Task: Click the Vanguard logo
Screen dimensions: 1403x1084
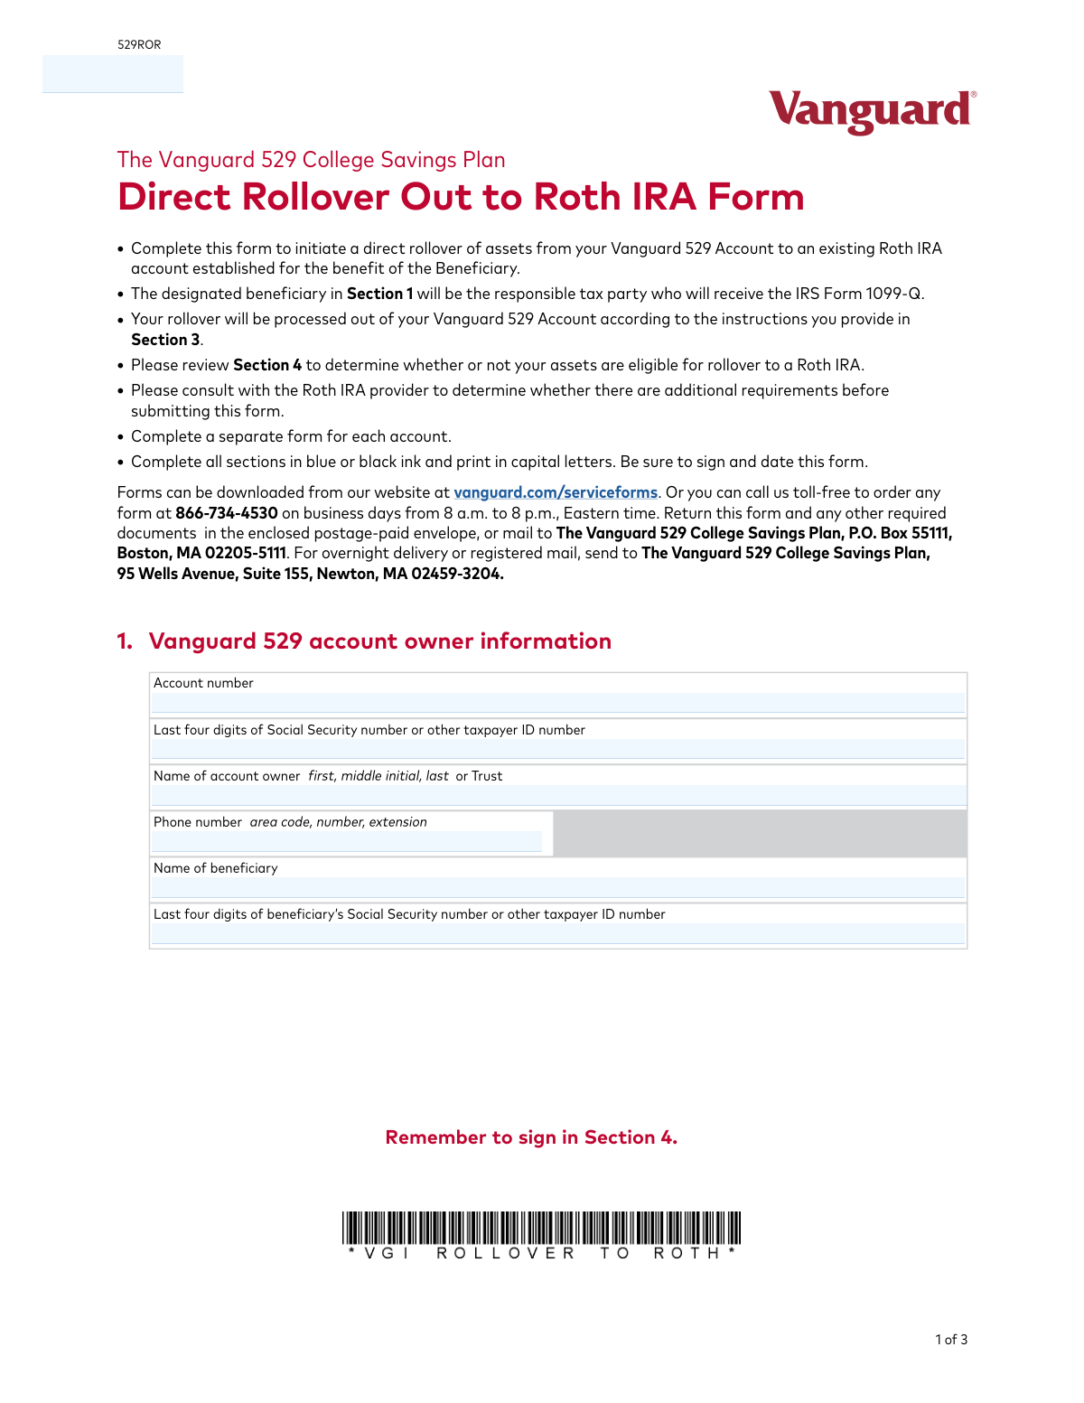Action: coord(872,111)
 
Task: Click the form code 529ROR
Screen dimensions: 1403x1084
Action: coord(139,44)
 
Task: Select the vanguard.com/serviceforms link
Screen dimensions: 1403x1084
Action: coord(556,492)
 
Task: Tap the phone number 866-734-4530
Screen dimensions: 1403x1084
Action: coord(227,513)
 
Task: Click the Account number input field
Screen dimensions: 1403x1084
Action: coord(557,703)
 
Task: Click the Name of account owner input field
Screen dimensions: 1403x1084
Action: coord(557,795)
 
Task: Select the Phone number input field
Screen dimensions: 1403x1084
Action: coord(347,841)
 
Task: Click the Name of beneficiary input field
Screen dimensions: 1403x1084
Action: coord(557,887)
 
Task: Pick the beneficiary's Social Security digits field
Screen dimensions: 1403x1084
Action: coord(557,933)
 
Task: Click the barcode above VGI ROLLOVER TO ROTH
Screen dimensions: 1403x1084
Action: coord(541,1228)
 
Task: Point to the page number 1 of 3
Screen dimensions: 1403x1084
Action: coord(951,1340)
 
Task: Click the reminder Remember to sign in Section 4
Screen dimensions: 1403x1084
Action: coord(531,1137)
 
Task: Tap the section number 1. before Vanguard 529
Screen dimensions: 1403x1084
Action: coord(125,641)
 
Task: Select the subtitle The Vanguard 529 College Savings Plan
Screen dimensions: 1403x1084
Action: coord(311,160)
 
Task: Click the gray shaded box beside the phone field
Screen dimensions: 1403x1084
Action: coord(760,833)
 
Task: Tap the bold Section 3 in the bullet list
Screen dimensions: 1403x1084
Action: coord(165,340)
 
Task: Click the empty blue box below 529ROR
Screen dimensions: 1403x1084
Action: coord(113,74)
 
